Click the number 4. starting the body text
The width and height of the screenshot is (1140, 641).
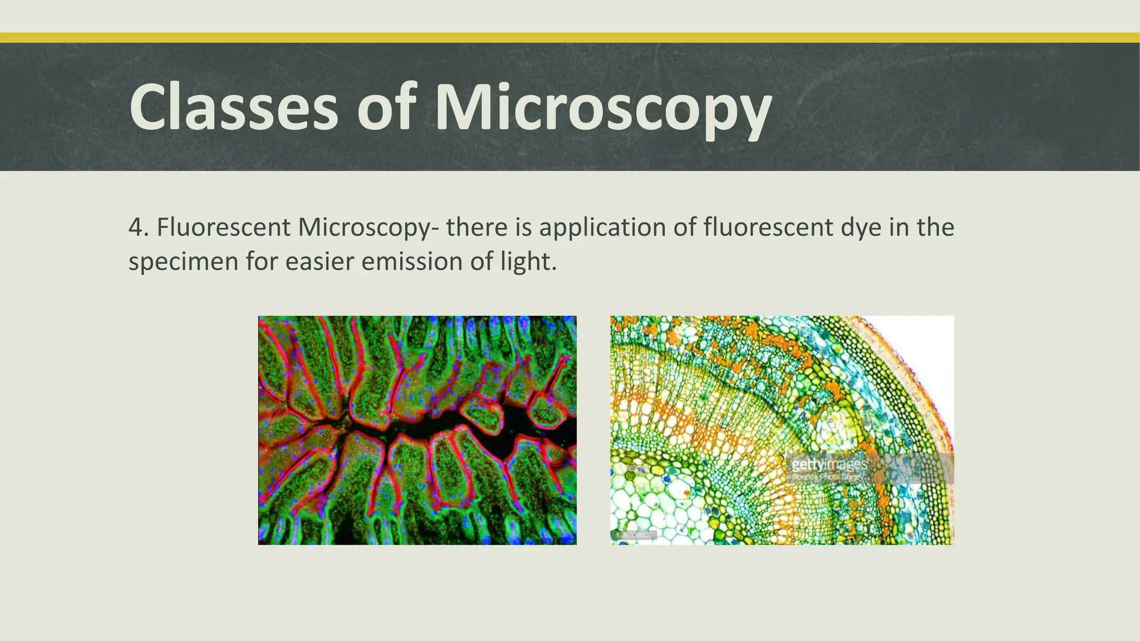[139, 227]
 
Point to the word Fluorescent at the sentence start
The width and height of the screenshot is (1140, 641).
[223, 227]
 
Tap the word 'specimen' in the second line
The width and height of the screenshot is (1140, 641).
[183, 262]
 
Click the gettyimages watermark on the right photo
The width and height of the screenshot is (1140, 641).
[829, 464]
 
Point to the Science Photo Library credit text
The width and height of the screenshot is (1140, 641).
[828, 477]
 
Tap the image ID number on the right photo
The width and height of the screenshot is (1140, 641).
[635, 535]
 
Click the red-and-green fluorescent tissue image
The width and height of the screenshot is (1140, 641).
[417, 430]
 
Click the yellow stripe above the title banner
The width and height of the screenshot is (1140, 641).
[570, 38]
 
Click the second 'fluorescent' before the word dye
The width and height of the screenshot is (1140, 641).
[768, 227]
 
